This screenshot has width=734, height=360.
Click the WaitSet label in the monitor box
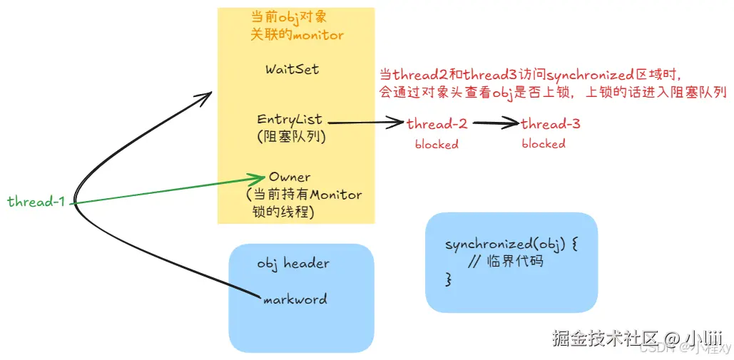point(292,70)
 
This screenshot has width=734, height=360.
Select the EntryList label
point(290,120)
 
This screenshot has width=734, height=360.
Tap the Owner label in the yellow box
point(290,177)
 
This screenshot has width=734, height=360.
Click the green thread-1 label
point(36,202)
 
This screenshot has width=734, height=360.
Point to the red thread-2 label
point(437,124)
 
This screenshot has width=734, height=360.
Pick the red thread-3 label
point(550,124)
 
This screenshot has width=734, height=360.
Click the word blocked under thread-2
point(437,144)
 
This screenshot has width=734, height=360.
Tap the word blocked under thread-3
point(544,144)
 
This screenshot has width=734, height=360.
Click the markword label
point(295,299)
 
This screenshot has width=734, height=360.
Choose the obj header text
point(293,263)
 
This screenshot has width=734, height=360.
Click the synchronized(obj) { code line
point(511,245)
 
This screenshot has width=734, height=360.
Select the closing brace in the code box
point(449,279)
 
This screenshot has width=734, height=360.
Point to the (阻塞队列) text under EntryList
point(290,138)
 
